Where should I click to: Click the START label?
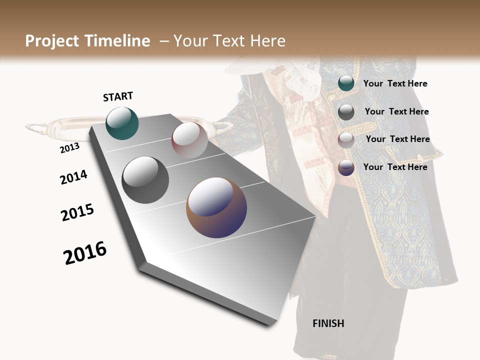pyautogui.click(x=118, y=96)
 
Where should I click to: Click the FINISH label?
pyautogui.click(x=328, y=323)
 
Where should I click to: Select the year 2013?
pyautogui.click(x=69, y=148)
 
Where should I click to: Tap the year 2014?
pyautogui.click(x=73, y=177)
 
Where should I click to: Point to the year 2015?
pyautogui.click(x=77, y=212)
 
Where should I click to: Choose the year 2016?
pyautogui.click(x=85, y=253)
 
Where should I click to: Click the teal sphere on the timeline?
pyautogui.click(x=122, y=123)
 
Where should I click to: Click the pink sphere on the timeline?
pyautogui.click(x=189, y=139)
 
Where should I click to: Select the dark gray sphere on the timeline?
pyautogui.click(x=145, y=179)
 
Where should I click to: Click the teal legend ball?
pyautogui.click(x=346, y=83)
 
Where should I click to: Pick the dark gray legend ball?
pyautogui.click(x=346, y=112)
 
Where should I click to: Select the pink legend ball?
pyautogui.click(x=346, y=140)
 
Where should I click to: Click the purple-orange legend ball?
pyautogui.click(x=346, y=167)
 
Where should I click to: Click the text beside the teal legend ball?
pyautogui.click(x=395, y=83)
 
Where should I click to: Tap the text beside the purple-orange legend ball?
pyautogui.click(x=395, y=167)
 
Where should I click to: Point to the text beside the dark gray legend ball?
pyautogui.click(x=396, y=111)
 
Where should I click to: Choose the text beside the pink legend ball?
pyautogui.click(x=397, y=139)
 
